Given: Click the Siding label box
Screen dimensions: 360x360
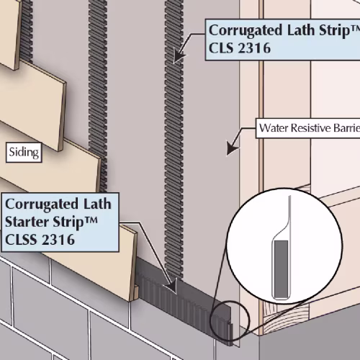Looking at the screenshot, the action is (24, 153).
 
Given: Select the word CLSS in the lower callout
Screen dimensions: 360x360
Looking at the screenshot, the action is (21, 240).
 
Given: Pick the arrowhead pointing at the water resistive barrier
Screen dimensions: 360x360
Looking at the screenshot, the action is (232, 148).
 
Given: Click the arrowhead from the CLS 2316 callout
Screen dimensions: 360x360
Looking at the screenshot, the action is (179, 55).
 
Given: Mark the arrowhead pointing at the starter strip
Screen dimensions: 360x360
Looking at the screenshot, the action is (171, 287).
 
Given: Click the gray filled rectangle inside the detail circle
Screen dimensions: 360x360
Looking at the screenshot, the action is (281, 269).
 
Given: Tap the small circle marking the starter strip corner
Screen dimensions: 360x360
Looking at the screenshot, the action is (230, 320).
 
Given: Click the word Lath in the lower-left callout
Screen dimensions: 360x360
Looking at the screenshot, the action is (97, 204).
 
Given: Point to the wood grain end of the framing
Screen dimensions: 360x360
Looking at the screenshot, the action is (286, 318).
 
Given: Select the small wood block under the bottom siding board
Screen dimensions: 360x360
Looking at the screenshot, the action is (136, 292).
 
